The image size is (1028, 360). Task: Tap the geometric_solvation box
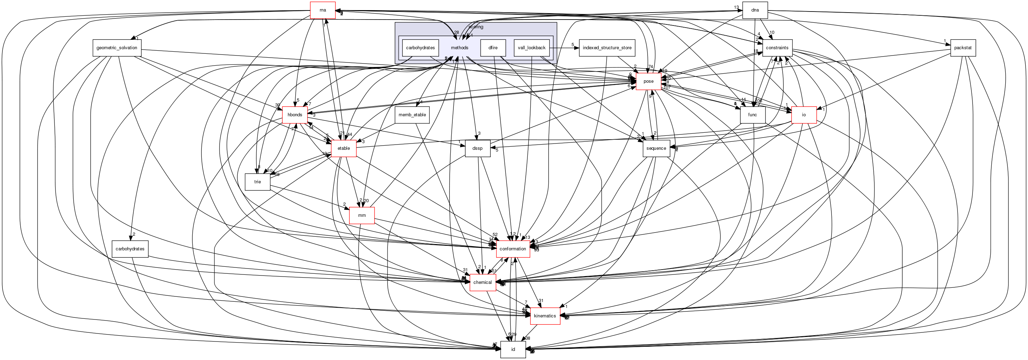117,48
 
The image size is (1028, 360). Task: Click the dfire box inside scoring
493,48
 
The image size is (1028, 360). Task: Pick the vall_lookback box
532,48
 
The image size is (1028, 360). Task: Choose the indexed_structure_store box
607,48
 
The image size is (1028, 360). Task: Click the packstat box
963,48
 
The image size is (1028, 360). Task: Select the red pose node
649,81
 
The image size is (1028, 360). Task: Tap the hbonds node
295,115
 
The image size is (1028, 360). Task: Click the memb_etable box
412,115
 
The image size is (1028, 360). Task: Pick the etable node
343,148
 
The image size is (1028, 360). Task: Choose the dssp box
477,148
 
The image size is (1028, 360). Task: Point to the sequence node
656,148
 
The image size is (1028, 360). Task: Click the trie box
257,182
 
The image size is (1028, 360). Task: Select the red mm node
362,215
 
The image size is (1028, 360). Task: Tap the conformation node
513,249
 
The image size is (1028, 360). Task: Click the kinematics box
545,316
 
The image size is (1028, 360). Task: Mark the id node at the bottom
513,350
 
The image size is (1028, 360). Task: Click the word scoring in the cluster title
476,27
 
